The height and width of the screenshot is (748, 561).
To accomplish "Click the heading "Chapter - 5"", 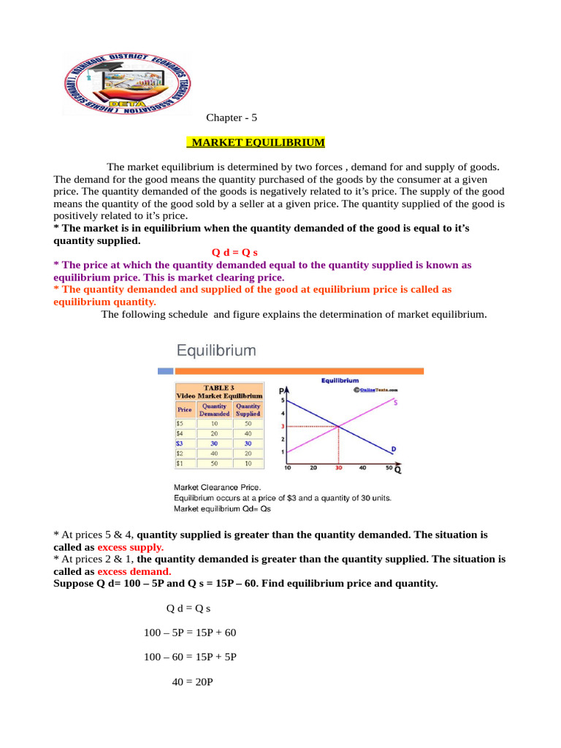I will (x=232, y=118).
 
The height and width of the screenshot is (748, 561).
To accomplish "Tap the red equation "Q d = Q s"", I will (x=229, y=252).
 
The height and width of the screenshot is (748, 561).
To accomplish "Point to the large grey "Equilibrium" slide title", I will (x=215, y=350).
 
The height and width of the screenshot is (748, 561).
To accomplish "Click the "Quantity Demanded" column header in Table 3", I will (x=214, y=409).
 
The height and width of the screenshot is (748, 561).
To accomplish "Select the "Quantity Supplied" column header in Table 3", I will (x=248, y=409).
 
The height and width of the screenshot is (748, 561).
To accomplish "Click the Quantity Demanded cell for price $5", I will (x=214, y=422).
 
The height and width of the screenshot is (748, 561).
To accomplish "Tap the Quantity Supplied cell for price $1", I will (x=248, y=463).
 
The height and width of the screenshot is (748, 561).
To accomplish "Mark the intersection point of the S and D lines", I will (x=338, y=426).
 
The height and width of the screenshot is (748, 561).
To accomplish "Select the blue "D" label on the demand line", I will (x=394, y=449).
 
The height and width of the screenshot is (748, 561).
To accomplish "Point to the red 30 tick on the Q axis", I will (x=338, y=468).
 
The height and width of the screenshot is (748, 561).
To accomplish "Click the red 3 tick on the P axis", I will (x=283, y=426).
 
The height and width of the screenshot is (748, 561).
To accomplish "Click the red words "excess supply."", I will (x=131, y=546).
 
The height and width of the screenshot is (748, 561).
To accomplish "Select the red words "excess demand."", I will (x=134, y=571).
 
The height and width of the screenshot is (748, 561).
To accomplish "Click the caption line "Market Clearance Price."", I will (x=217, y=486).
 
